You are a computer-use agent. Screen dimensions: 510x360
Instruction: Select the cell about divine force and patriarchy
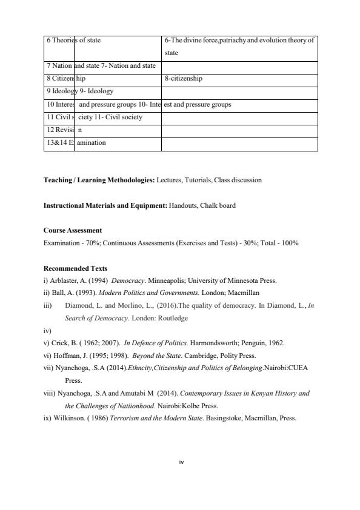pos(239,46)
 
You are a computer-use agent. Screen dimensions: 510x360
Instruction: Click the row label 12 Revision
pos(64,130)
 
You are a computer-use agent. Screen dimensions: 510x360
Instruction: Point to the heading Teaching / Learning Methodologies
pos(99,180)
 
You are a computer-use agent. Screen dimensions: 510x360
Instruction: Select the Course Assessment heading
pos(73,231)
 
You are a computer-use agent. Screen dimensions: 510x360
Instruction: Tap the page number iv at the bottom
pos(181,462)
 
